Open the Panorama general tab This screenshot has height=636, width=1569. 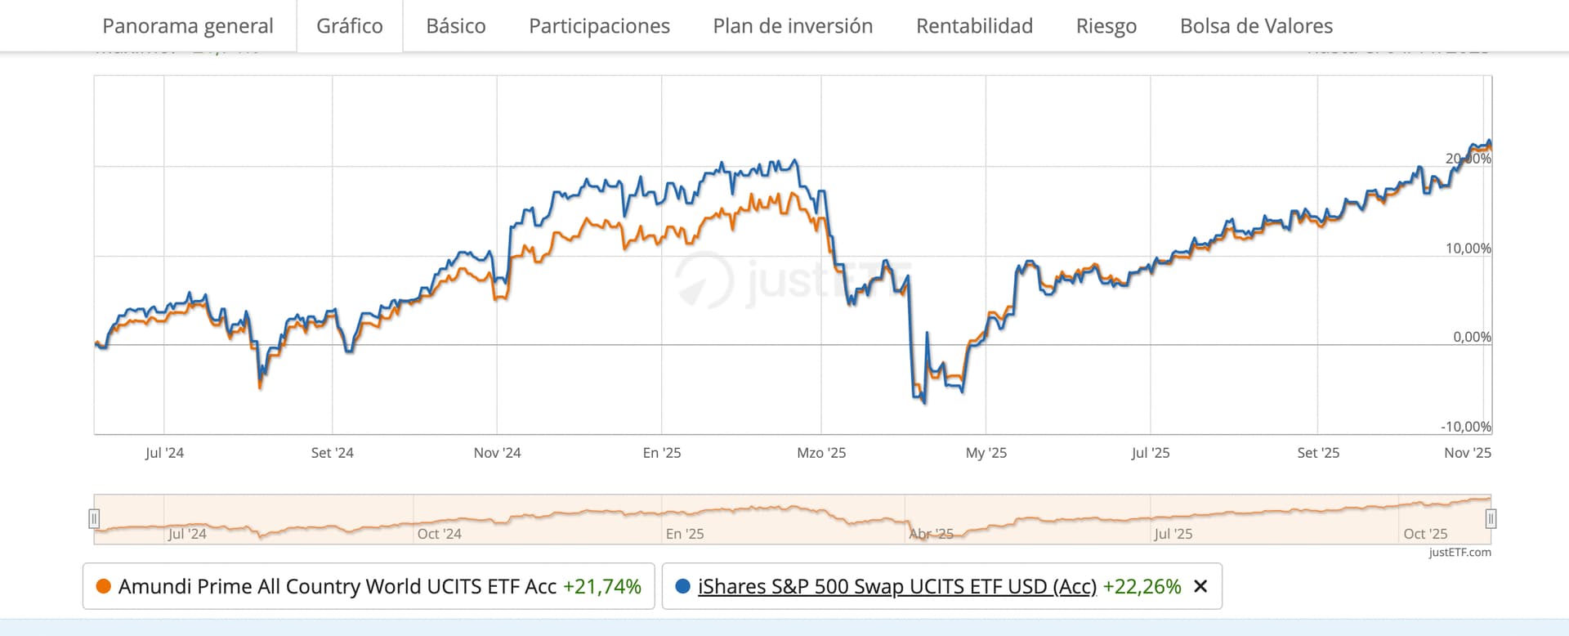[x=187, y=26]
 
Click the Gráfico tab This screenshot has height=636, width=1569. [x=349, y=26]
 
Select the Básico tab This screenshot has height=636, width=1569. [x=455, y=26]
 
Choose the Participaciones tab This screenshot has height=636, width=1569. [x=599, y=26]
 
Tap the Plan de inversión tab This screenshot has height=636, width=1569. [x=793, y=26]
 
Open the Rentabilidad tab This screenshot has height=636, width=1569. [x=974, y=26]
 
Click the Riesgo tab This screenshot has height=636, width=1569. [x=1106, y=26]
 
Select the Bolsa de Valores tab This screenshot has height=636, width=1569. [x=1256, y=26]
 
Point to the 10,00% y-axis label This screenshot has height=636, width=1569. [x=1468, y=249]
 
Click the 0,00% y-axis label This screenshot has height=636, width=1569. [x=1472, y=337]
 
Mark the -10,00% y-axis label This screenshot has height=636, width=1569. [x=1465, y=427]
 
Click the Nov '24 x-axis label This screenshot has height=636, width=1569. [x=497, y=453]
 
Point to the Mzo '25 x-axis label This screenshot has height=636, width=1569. [x=821, y=453]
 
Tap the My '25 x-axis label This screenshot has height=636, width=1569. [x=986, y=453]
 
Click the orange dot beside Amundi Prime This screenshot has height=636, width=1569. [x=104, y=586]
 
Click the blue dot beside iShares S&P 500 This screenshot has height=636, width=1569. [x=683, y=586]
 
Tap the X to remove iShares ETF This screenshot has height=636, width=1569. [x=1200, y=586]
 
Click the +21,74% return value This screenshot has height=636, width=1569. [x=601, y=586]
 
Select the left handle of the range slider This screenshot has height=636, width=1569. [x=94, y=518]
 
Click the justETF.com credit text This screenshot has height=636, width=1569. [x=1459, y=553]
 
